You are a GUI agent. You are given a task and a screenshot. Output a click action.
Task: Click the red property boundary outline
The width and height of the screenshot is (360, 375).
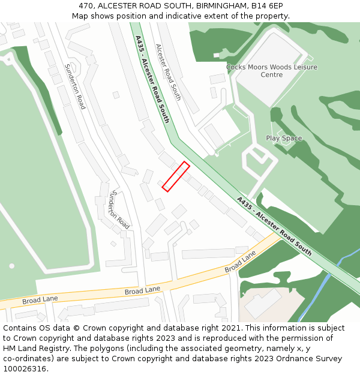[x=176, y=177]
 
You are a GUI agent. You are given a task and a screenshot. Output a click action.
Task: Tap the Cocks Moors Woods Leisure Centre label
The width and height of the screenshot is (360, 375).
[x=272, y=71]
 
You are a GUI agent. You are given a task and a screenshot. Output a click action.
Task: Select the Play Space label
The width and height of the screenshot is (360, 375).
[x=284, y=139]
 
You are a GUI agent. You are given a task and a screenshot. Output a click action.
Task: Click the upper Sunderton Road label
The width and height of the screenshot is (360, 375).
[x=75, y=86]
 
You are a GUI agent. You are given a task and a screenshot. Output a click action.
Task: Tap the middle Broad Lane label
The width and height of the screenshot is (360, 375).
[x=142, y=290]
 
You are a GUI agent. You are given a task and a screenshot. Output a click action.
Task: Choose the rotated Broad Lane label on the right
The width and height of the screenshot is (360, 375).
[x=240, y=262]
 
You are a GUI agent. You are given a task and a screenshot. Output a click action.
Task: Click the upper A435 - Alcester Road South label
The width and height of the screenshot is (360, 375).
[x=152, y=79]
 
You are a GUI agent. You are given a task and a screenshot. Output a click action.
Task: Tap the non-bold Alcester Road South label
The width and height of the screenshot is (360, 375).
[x=168, y=72]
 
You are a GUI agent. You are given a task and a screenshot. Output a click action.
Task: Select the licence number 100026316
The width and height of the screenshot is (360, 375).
[x=25, y=369]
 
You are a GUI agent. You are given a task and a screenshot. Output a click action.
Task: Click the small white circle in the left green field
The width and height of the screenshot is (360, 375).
[x=11, y=266]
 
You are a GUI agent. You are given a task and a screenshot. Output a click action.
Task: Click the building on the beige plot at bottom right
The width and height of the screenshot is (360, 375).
[x=263, y=304]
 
